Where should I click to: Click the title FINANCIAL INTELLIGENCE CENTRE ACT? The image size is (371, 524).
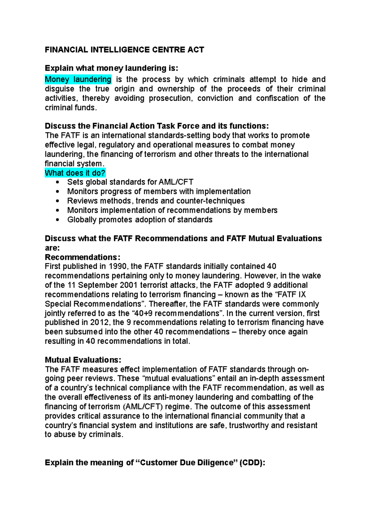point(124,50)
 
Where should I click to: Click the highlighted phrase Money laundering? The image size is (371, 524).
point(78,79)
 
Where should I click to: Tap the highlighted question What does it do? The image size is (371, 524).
point(75,173)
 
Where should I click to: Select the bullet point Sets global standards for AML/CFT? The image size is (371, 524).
point(130,182)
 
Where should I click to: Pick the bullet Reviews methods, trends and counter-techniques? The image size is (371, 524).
point(156,201)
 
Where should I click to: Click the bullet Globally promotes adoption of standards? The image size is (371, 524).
point(140,220)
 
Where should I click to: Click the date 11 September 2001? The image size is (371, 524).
point(101,285)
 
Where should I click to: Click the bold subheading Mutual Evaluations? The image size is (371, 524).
point(83,360)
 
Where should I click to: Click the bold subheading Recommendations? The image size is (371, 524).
point(83,257)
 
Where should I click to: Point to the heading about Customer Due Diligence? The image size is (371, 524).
point(155,463)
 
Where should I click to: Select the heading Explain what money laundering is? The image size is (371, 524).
point(111,68)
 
